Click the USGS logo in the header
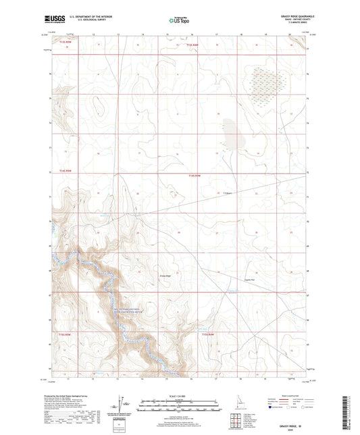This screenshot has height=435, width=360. coord(53,20)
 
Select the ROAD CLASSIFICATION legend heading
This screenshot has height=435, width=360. coord(289,396)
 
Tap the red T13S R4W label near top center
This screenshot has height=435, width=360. coord(193,45)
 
